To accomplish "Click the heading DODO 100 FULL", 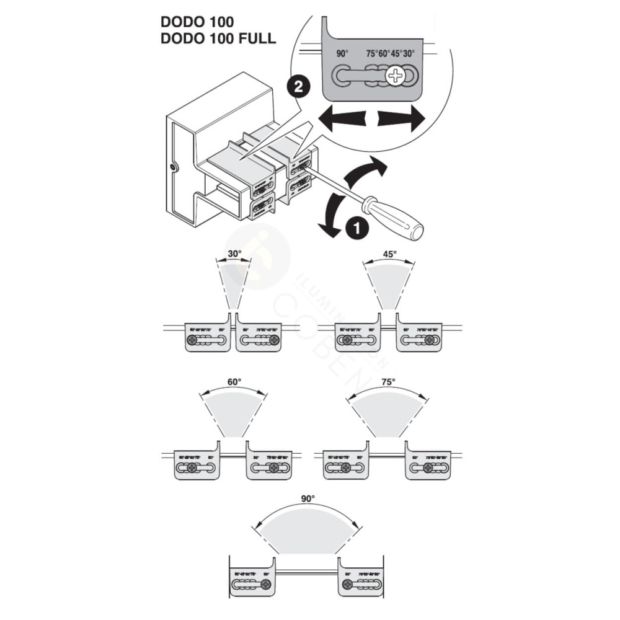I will coord(218,38).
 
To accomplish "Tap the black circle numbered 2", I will coord(298,87).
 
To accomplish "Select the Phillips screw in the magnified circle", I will coord(394,77).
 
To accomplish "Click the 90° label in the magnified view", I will coord(342,54).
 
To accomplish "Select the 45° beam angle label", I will coord(389,254).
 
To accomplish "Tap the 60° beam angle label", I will coord(233,382).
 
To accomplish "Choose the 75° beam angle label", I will coord(388,382).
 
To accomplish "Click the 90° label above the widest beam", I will coord(308,498).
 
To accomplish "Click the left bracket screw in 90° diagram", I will coord(266,585).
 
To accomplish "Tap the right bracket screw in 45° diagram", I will coord(429,340).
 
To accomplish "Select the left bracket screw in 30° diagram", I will coord(193,340).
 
